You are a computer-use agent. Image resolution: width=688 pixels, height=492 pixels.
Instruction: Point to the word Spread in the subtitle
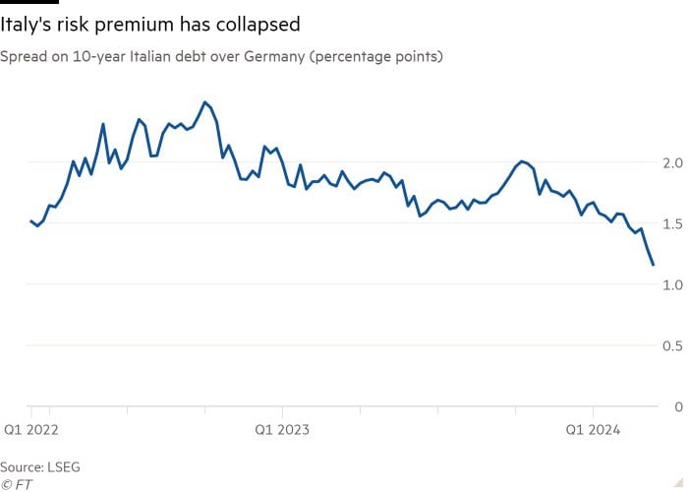pyautogui.click(x=25, y=56)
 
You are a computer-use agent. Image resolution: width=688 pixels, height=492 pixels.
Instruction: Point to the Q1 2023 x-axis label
pyautogui.click(x=282, y=430)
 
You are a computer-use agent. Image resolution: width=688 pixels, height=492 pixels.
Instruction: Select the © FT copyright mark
pyautogui.click(x=15, y=483)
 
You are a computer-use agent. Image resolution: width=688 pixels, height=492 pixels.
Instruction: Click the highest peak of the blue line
pyautogui.click(x=204, y=102)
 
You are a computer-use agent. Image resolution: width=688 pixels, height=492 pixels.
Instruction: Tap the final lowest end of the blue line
pyautogui.click(x=653, y=265)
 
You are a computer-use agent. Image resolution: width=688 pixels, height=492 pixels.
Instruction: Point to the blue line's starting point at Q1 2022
pyautogui.click(x=31, y=221)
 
